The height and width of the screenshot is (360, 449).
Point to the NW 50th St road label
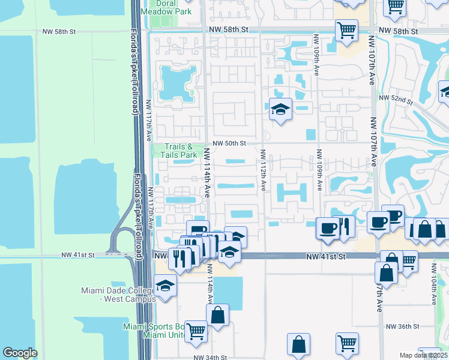(x=229, y=143)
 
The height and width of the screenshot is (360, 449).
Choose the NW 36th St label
(x=402, y=326)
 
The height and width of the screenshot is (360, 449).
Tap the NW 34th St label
(x=210, y=356)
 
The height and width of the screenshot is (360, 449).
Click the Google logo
(x=20, y=353)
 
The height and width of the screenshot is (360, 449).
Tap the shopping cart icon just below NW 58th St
(x=346, y=30)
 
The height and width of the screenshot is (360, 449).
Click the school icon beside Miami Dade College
(x=165, y=286)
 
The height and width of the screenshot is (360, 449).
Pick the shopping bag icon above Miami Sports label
(x=217, y=314)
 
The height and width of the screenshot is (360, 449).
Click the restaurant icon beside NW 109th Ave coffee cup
(x=344, y=226)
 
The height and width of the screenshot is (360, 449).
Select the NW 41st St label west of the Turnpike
(x=78, y=255)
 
